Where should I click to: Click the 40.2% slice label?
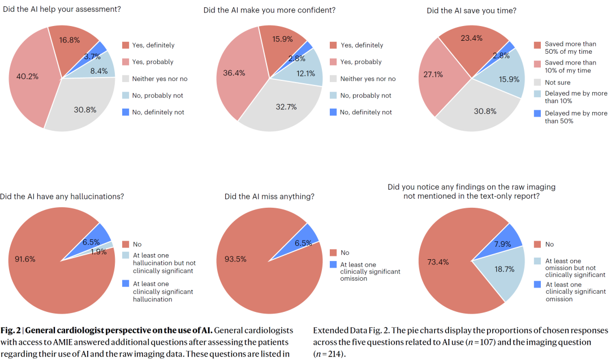point(27,76)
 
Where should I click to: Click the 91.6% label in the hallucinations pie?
point(25,259)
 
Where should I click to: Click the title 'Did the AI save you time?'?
point(471,10)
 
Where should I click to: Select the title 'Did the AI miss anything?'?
point(269,196)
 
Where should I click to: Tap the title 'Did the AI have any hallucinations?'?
point(62,196)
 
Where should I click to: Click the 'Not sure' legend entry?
point(558,83)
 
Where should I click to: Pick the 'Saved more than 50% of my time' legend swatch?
point(537,44)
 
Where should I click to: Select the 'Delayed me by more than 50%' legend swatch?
point(537,113)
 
